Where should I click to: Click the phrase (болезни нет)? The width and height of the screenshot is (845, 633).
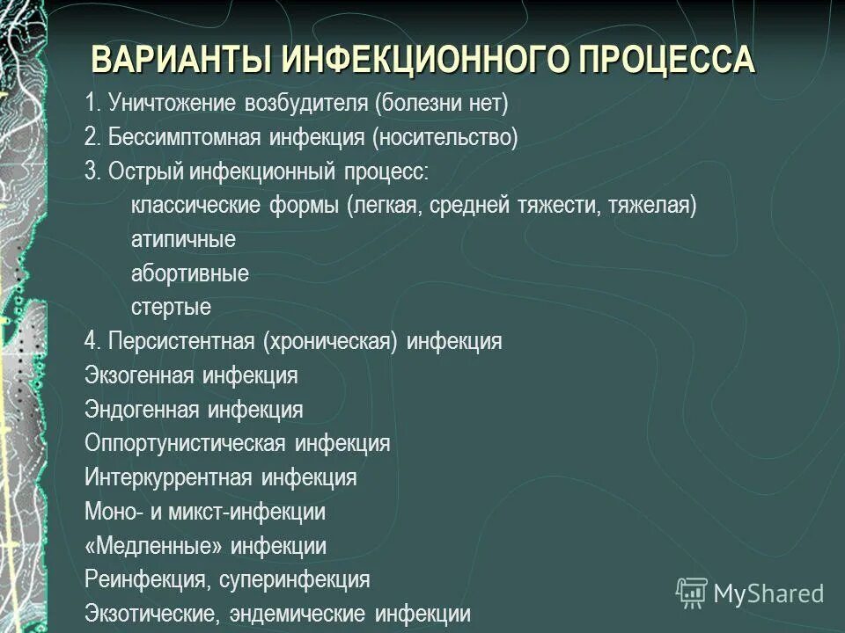coord(440,104)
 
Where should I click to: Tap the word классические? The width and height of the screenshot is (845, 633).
coord(189,206)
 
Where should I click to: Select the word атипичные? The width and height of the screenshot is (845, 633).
coord(183,239)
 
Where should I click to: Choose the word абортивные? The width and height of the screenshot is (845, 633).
coord(190,273)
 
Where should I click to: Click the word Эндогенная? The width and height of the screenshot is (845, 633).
coord(142,410)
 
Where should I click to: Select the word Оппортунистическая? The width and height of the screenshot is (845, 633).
coord(185,443)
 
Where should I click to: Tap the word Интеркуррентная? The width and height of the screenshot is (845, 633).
coord(168,477)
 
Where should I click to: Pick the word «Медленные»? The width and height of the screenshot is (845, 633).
coord(153,546)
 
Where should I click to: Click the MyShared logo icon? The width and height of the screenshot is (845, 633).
coord(691,592)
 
